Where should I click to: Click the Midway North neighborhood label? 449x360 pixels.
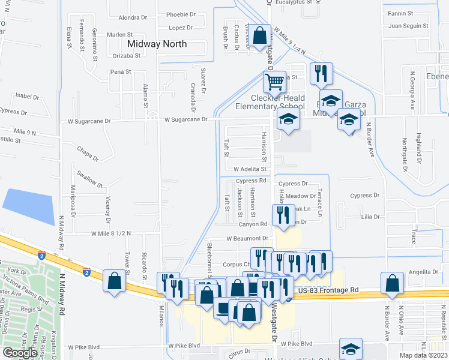157,44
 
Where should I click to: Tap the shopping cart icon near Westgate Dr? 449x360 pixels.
274,81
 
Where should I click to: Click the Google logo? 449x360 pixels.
20,352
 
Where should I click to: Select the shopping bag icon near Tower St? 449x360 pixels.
114,280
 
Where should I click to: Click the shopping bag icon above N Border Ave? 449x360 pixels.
392,283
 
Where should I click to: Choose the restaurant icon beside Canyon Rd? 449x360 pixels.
282,214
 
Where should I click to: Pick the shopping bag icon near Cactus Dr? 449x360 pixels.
260,35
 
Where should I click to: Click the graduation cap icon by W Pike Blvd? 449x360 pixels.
351,349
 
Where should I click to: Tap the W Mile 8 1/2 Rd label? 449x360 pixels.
111,233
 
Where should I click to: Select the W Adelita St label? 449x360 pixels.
250,169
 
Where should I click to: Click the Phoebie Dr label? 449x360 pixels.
181,14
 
